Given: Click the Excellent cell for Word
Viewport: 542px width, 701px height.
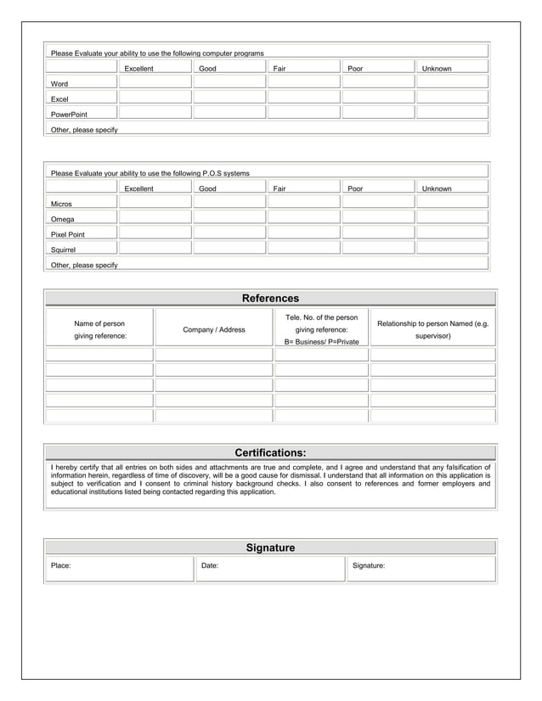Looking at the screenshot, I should tap(155, 82).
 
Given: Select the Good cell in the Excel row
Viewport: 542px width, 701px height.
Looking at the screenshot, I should tap(229, 98).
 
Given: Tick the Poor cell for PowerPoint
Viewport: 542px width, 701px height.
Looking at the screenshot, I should tap(377, 112).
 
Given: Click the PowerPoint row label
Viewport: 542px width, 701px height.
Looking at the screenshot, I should tap(69, 114).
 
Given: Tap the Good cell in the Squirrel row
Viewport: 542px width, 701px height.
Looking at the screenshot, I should tap(229, 248).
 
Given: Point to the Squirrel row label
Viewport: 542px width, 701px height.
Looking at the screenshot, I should tap(63, 250).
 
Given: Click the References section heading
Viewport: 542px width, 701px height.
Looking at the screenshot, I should tap(270, 298).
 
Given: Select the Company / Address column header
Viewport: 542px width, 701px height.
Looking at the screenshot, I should tap(213, 329).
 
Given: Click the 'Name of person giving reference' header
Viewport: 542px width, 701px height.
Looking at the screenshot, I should tap(99, 330).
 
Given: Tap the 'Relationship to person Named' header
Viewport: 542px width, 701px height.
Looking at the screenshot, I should tap(432, 329).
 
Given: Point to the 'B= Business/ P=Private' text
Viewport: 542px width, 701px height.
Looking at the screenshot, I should tap(321, 341).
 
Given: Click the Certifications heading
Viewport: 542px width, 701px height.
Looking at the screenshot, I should tap(270, 452).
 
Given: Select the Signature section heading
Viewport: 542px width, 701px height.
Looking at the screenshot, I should tap(270, 547).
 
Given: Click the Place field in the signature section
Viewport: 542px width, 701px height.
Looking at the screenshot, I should tap(119, 569).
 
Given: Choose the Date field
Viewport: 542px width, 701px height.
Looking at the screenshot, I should tap(270, 569).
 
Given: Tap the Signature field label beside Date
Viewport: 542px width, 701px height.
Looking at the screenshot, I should tap(368, 565).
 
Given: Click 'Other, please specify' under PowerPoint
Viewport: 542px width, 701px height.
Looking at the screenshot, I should tap(84, 130).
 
